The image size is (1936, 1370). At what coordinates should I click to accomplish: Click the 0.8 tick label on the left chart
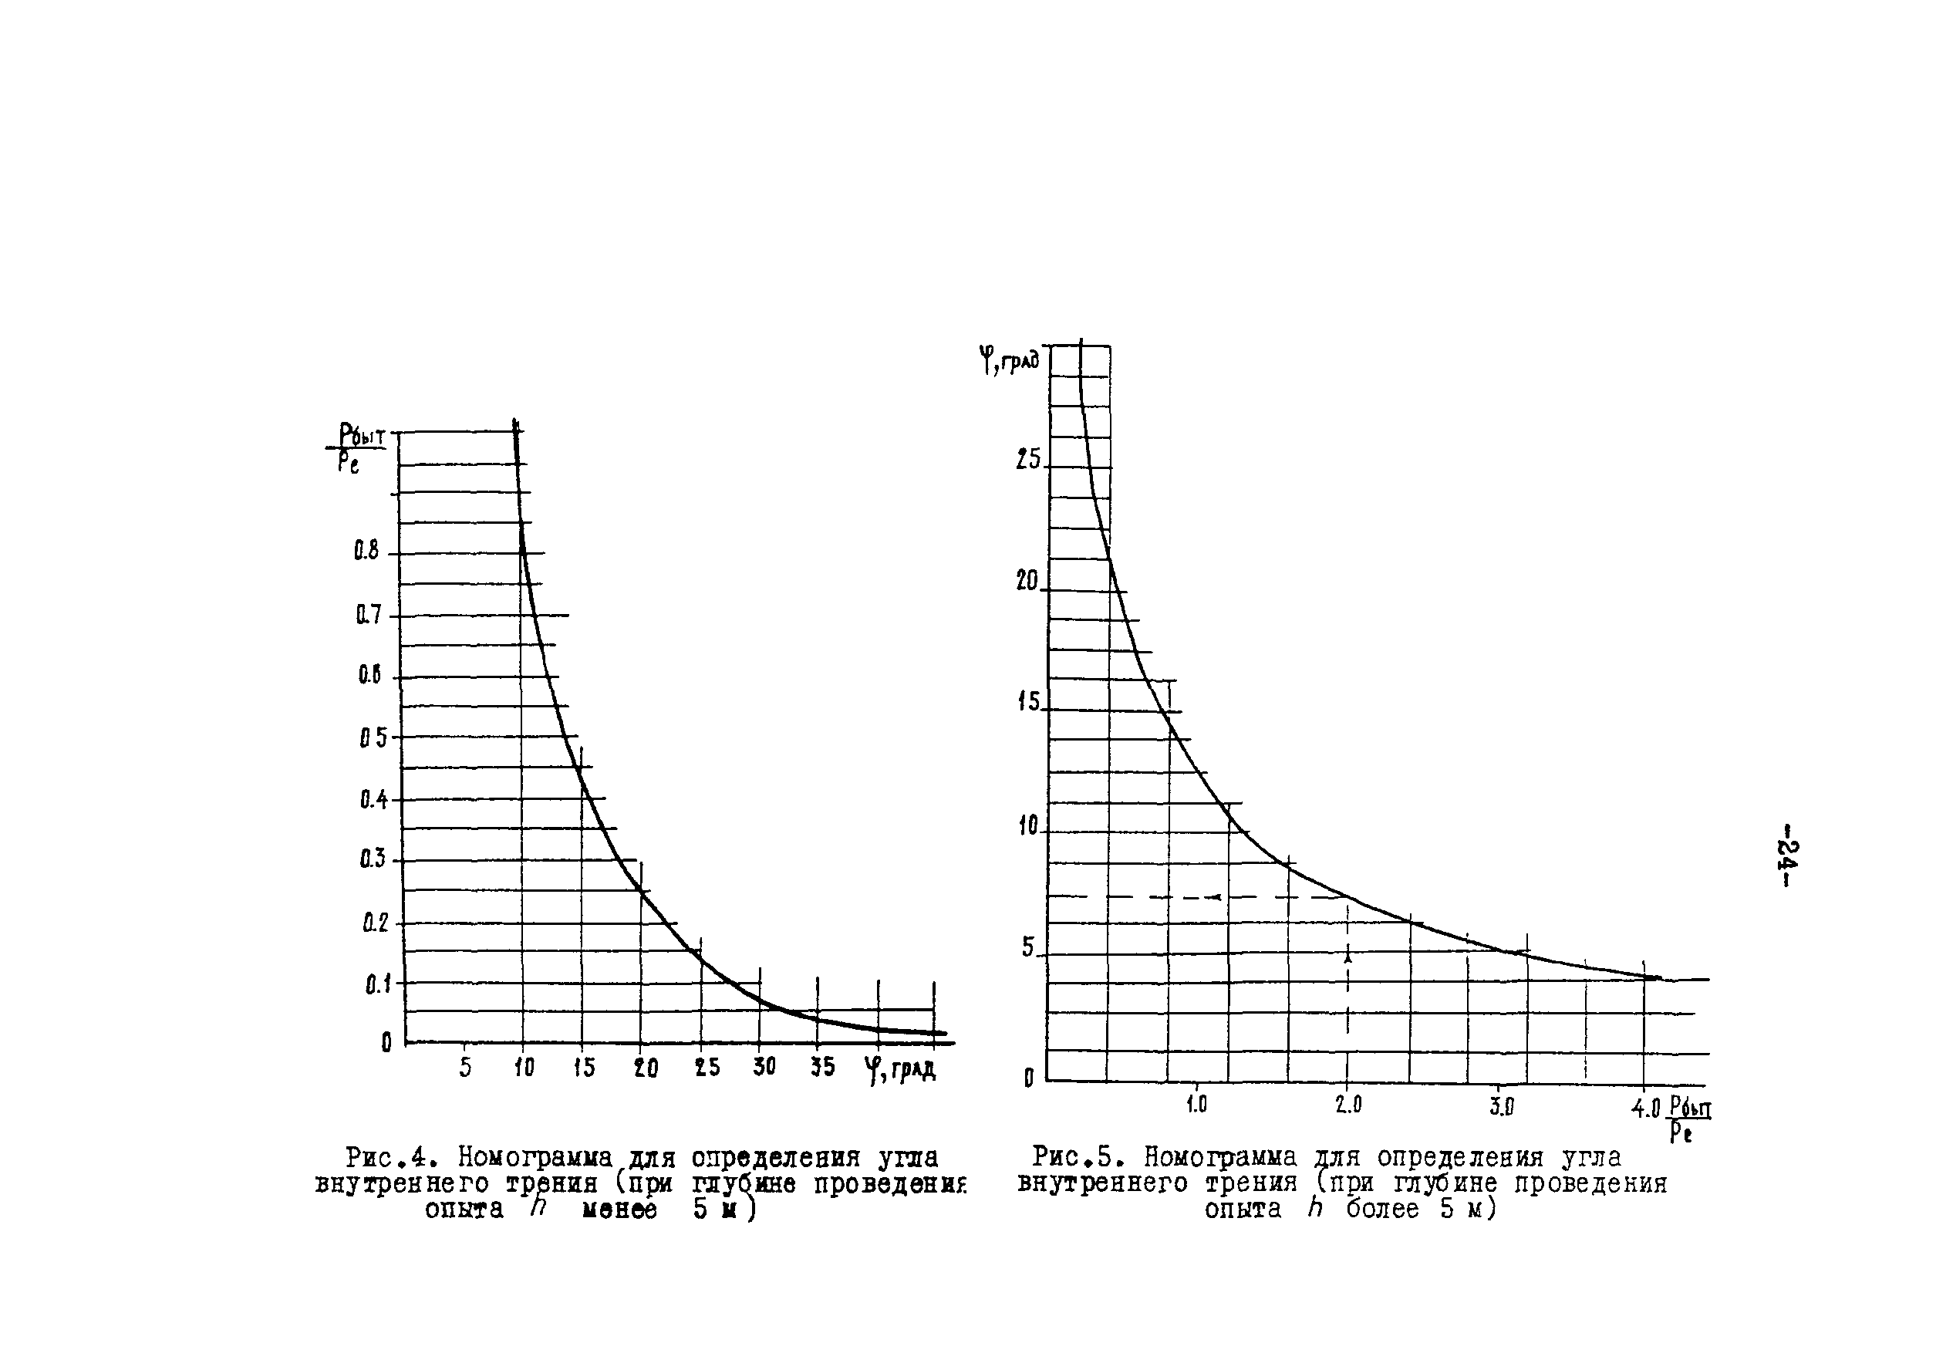point(367,551)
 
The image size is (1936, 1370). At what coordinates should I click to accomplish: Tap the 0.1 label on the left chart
point(377,984)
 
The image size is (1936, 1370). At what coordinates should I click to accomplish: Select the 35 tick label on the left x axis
point(822,1066)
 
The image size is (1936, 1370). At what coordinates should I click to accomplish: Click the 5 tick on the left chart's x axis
point(466,1067)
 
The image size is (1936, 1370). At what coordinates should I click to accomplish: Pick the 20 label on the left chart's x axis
point(646,1067)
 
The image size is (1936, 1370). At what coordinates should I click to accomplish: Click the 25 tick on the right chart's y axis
point(1028,460)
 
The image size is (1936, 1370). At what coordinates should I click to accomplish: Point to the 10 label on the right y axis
point(1028,826)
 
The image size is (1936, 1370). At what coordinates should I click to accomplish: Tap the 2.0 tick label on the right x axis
point(1348,1105)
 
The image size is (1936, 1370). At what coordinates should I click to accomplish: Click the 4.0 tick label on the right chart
point(1645,1107)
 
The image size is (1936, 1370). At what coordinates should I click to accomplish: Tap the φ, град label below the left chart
point(899,1070)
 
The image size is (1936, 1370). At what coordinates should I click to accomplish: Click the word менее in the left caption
point(619,1210)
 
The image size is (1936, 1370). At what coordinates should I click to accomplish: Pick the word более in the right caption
point(1381,1209)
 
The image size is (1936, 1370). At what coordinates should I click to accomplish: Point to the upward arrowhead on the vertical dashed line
point(1348,957)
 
